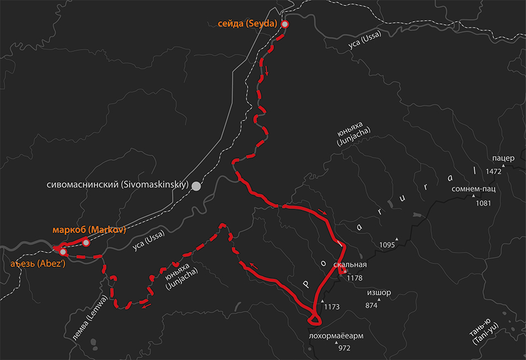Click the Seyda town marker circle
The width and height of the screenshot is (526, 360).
(x=284, y=24)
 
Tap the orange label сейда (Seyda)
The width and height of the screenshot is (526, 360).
(x=247, y=23)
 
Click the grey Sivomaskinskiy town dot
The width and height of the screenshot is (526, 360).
(x=196, y=186)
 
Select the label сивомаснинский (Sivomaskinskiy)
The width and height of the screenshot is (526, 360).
(x=118, y=185)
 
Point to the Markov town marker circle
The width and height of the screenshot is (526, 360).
(x=86, y=242)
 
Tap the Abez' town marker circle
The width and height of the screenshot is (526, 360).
(x=63, y=252)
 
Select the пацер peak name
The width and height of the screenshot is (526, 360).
(x=503, y=158)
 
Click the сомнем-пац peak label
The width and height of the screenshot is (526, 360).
(x=474, y=189)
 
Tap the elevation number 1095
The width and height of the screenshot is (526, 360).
(x=386, y=245)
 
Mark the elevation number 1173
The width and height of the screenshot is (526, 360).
(x=332, y=307)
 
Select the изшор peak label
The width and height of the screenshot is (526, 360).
(x=379, y=292)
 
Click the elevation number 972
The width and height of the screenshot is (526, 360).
(x=344, y=347)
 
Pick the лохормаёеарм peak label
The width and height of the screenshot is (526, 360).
(x=336, y=335)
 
